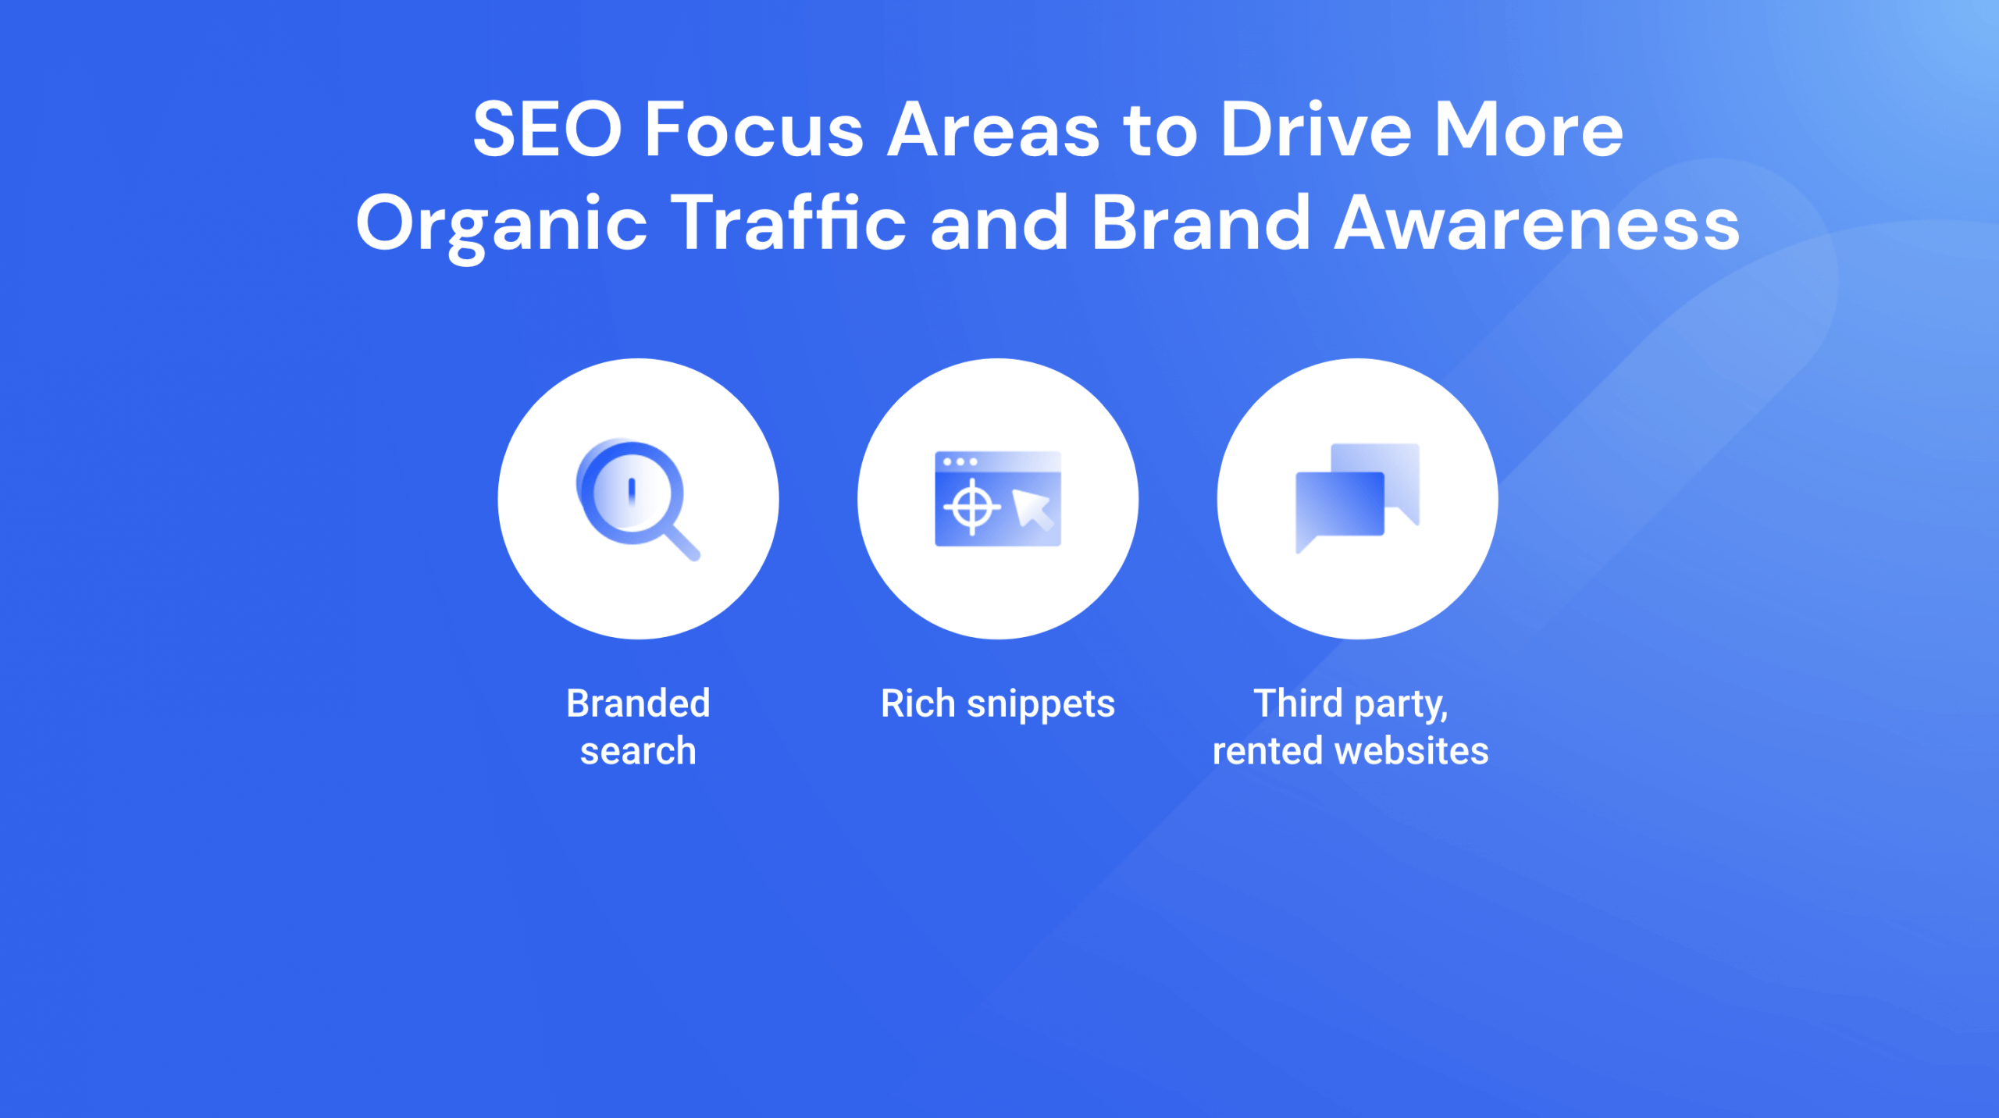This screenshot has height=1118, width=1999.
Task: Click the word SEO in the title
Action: coord(547,130)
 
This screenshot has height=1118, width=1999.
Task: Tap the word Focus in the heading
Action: coord(754,130)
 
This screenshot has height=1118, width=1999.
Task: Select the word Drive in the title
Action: coord(1315,130)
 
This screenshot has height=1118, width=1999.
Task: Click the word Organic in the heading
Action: coord(501,224)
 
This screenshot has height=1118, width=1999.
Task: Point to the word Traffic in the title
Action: coord(789,224)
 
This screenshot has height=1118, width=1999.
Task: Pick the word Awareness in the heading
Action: coord(1536,224)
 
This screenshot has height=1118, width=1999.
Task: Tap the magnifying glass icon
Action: coord(631,493)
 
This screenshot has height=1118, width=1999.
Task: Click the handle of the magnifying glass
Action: coord(682,542)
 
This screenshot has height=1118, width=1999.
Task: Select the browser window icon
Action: coord(997,499)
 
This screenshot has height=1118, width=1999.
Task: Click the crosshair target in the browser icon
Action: coord(971,507)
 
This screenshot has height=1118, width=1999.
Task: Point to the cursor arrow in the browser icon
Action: coord(1032,508)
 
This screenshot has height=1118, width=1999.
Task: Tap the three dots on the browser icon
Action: coord(960,462)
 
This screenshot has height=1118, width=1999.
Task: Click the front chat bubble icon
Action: coord(1338,506)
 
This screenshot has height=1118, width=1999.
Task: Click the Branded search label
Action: coord(638,727)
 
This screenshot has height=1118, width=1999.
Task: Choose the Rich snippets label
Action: coord(997,703)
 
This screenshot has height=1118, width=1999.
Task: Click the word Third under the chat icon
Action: coord(1297,703)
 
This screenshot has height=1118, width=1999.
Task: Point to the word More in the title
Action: coord(1528,130)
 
